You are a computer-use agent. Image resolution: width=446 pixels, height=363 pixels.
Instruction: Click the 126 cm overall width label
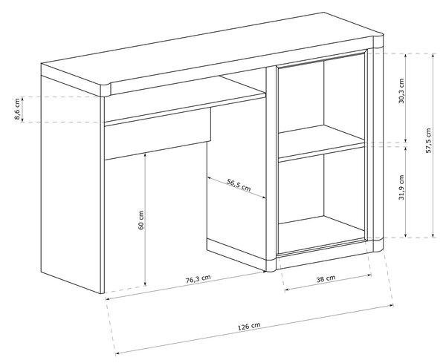click(249, 327)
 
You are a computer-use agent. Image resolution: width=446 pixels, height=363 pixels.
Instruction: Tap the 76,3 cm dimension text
click(198, 279)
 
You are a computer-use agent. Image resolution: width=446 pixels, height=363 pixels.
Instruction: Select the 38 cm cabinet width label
click(326, 278)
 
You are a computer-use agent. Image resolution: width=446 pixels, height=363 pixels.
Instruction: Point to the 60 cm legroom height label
click(140, 220)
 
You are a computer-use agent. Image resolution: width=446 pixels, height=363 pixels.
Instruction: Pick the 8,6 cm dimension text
click(17, 109)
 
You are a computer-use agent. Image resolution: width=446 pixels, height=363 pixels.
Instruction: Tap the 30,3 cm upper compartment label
click(401, 91)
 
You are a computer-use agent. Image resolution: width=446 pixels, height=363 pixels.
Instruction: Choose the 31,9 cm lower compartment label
click(401, 188)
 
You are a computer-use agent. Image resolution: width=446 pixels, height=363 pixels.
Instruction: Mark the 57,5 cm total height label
click(428, 141)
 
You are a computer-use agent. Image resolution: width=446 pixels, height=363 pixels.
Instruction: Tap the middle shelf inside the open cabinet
click(321, 142)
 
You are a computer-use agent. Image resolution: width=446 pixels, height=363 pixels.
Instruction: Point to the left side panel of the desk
click(71, 182)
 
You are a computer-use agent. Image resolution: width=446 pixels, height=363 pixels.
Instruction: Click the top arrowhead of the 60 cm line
click(145, 154)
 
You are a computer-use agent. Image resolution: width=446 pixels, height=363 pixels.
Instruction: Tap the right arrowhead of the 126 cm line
click(392, 305)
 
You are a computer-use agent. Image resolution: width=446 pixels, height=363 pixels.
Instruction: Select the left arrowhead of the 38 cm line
click(287, 290)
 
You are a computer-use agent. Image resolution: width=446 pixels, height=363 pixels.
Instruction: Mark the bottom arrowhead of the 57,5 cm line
click(433, 235)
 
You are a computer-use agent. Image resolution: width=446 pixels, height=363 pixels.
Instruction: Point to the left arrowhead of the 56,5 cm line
click(210, 178)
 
